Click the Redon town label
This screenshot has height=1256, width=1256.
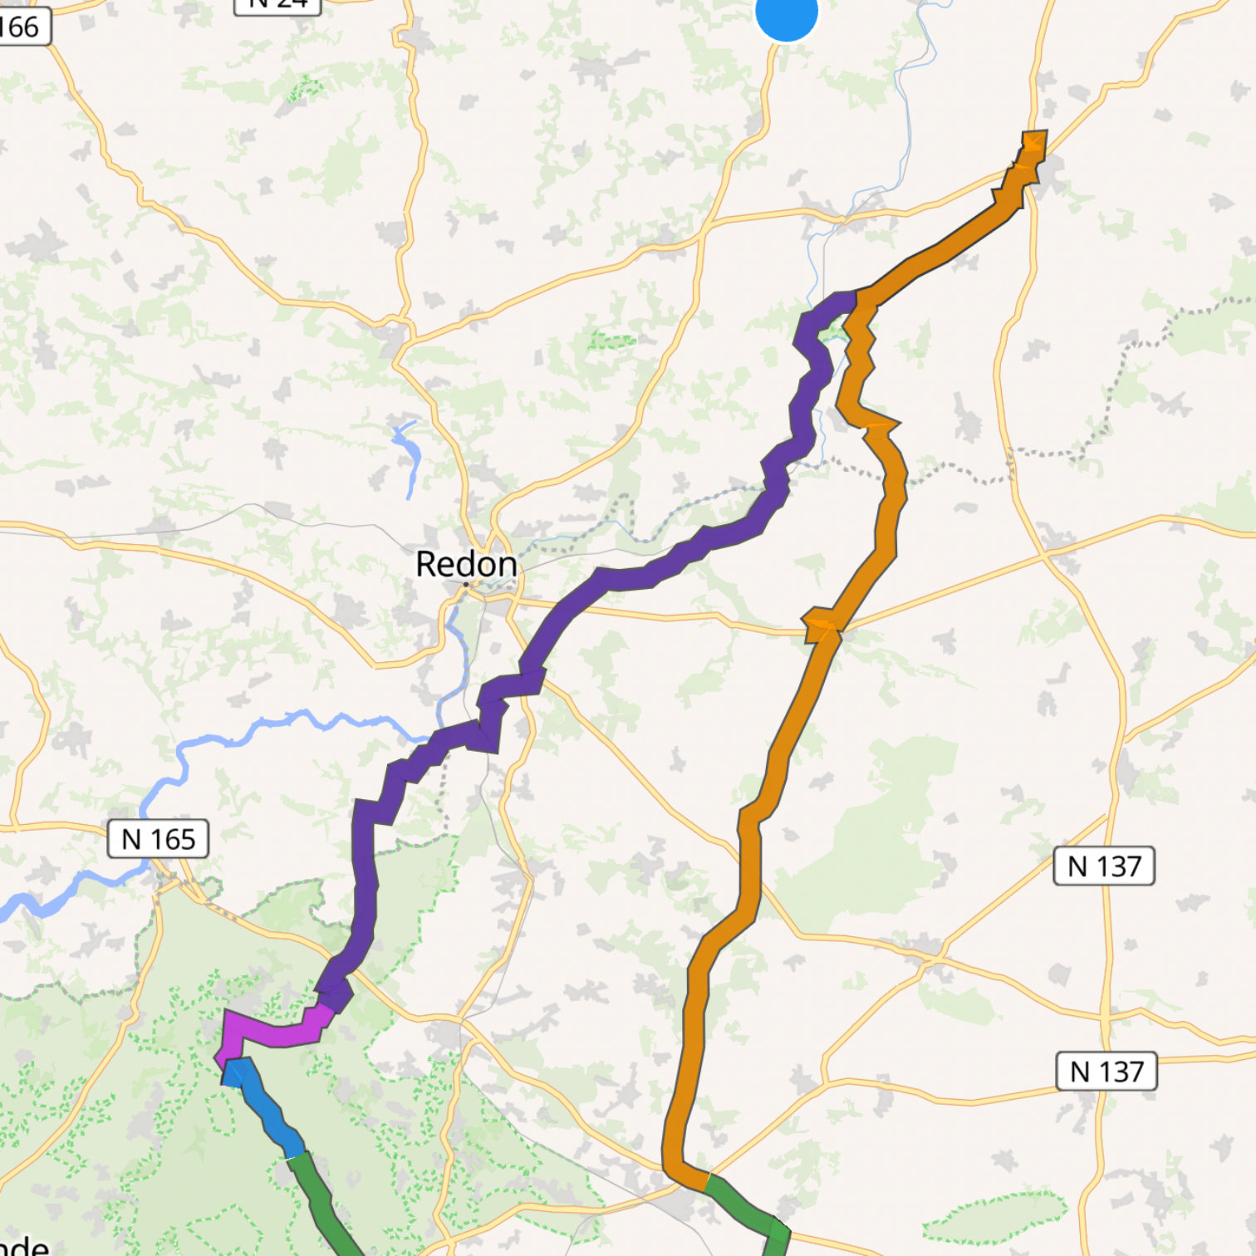click(x=466, y=564)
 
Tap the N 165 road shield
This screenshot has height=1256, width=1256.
click(x=158, y=839)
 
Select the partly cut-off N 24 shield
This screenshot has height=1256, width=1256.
click(x=277, y=5)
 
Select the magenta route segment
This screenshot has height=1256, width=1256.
click(x=274, y=1030)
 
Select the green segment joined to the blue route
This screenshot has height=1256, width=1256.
click(x=324, y=1204)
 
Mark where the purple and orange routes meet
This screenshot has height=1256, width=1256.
click(x=856, y=301)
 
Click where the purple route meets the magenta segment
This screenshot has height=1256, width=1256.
click(x=328, y=1007)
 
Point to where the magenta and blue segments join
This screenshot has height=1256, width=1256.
click(x=228, y=1067)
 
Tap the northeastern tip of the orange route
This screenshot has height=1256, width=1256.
click(x=1035, y=140)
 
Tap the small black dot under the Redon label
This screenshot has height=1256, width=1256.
click(x=466, y=584)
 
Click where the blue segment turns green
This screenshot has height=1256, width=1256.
click(x=296, y=1156)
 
